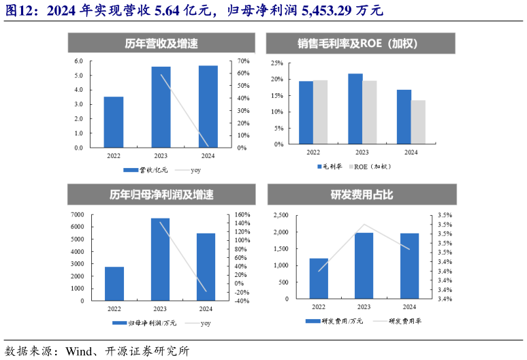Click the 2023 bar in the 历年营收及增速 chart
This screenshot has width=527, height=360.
[161, 107]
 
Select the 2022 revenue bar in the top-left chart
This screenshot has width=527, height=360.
[114, 122]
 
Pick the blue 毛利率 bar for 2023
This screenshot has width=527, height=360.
[355, 109]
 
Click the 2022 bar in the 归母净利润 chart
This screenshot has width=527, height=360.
[114, 283]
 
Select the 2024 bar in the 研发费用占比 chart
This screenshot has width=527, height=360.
[409, 266]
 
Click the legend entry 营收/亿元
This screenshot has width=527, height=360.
[146, 169]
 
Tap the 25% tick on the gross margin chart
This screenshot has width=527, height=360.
[277, 63]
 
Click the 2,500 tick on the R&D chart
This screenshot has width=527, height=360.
[281, 216]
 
